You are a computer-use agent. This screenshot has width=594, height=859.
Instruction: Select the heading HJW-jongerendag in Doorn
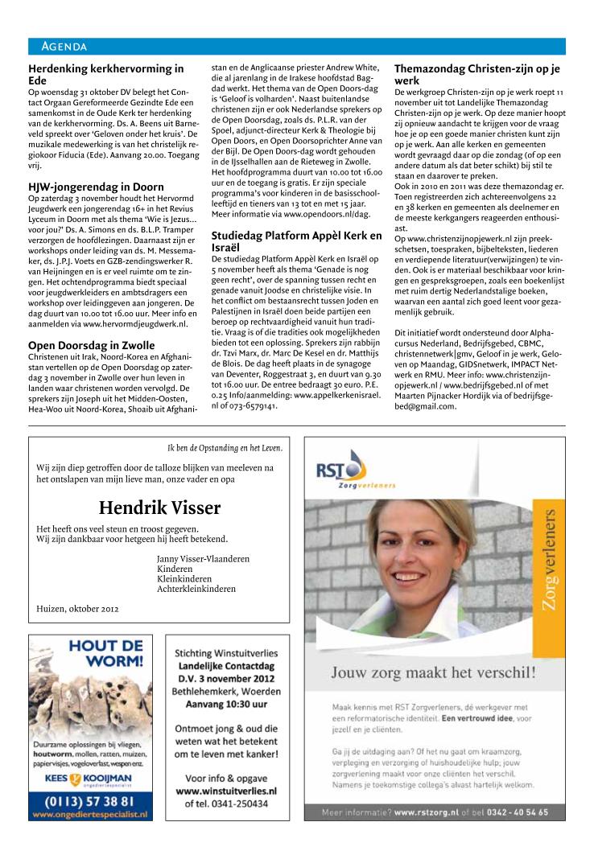96,187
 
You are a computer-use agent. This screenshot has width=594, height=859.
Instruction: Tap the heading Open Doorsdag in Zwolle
92,344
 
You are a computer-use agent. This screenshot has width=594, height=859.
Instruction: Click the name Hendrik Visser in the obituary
159,508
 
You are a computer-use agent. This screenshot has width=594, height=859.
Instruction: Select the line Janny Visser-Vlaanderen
203,558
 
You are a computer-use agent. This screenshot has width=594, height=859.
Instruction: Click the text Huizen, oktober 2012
78,608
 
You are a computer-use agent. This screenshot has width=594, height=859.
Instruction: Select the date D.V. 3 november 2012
225,679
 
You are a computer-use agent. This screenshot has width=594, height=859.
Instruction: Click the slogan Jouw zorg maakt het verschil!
431,672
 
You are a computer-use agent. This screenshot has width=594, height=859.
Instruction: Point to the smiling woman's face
419,547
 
